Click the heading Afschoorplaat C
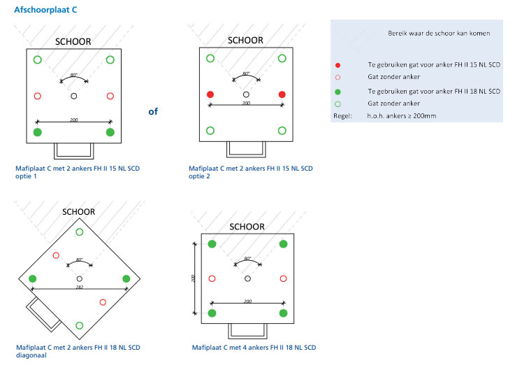pyautogui.click(x=45, y=10)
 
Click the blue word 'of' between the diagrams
pyautogui.click(x=153, y=111)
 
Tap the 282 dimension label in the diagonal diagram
pyautogui.click(x=80, y=287)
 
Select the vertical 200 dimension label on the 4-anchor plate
pyautogui.click(x=193, y=278)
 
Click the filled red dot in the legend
pyautogui.click(x=338, y=65)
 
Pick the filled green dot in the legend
pyautogui.click(x=338, y=92)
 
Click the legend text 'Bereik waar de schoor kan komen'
pyautogui.click(x=439, y=33)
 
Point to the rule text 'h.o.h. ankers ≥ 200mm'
pyautogui.click(x=401, y=116)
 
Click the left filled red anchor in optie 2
pyautogui.click(x=210, y=94)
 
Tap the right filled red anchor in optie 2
pyautogui.click(x=282, y=94)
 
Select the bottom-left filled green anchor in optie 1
pyautogui.click(x=38, y=132)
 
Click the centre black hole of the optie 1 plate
pyautogui.click(x=74, y=96)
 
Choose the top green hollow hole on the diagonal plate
pyautogui.click(x=80, y=232)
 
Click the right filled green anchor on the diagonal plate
pyautogui.click(x=126, y=278)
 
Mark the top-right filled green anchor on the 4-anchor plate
pyautogui.click(x=283, y=243)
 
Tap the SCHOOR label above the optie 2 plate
pyautogui.click(x=245, y=40)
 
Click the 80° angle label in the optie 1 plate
pyautogui.click(x=74, y=75)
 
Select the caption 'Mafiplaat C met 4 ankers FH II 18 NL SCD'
pyautogui.click(x=254, y=348)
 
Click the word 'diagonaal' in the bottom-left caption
pyautogui.click(x=31, y=355)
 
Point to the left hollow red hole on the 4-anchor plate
pyautogui.click(x=212, y=278)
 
